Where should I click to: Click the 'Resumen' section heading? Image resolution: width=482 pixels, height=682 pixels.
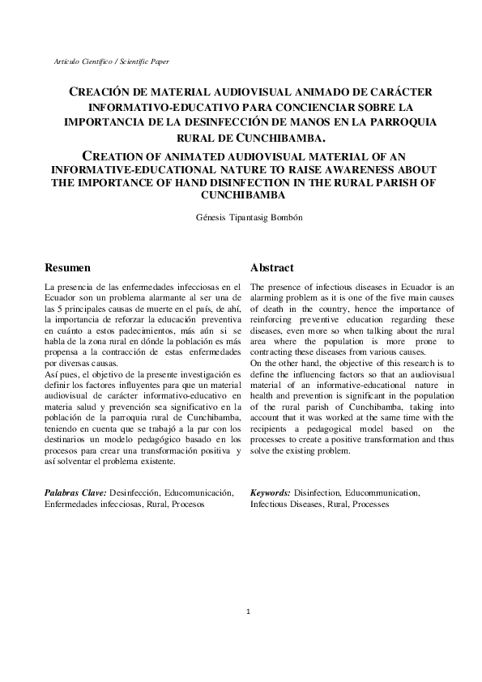(x=67, y=267)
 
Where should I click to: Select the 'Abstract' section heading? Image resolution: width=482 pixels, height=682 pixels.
(x=271, y=267)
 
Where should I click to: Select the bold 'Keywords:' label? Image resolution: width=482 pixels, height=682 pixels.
(x=271, y=492)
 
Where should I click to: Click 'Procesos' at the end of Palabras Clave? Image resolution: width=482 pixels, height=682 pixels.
(x=186, y=504)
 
